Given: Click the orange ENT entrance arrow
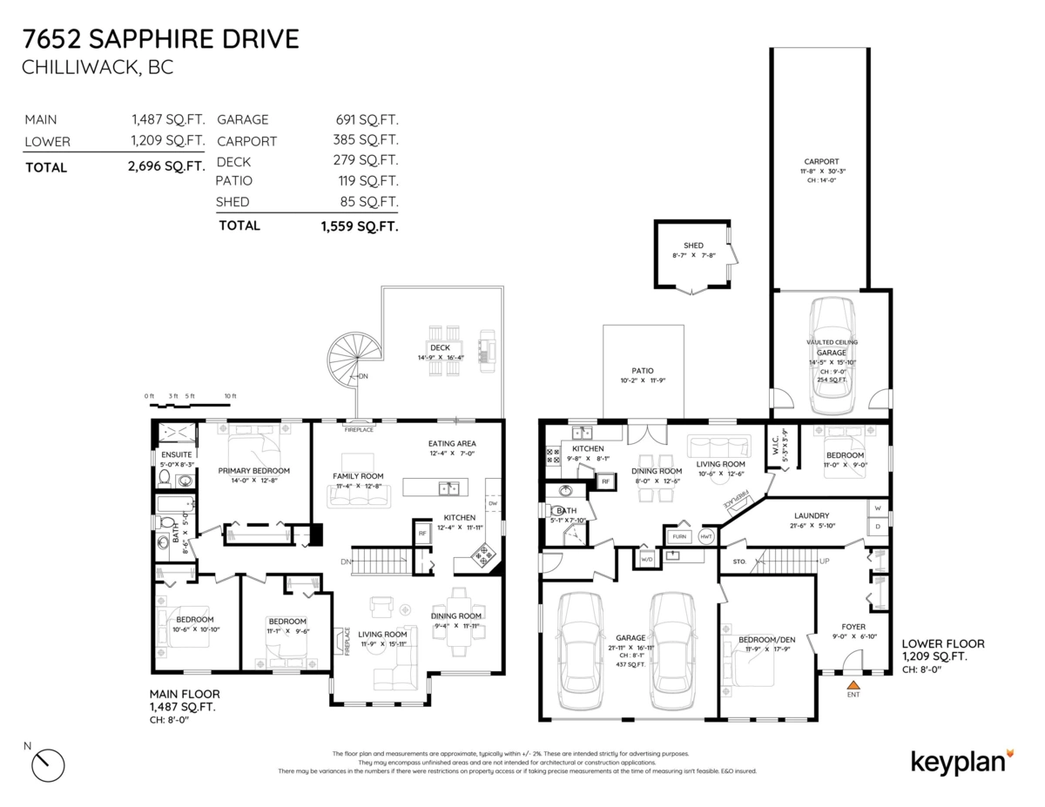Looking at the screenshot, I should click(x=853, y=685).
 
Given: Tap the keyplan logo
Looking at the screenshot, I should click(x=962, y=761).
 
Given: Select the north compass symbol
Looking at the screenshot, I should click(x=48, y=765).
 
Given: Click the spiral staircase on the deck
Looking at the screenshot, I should click(x=355, y=360).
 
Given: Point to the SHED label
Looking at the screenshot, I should click(x=693, y=246).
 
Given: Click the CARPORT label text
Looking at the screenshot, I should click(x=821, y=161).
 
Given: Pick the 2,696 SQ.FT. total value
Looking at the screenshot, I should click(x=166, y=165).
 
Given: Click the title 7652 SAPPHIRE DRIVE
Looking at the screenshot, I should click(x=162, y=39).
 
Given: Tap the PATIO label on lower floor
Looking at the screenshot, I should click(x=643, y=369).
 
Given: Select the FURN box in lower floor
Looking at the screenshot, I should click(x=679, y=536).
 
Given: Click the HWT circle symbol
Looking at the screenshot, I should click(x=706, y=536).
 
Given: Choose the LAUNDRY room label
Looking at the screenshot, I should click(x=811, y=515).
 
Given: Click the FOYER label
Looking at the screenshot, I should click(x=853, y=626).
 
